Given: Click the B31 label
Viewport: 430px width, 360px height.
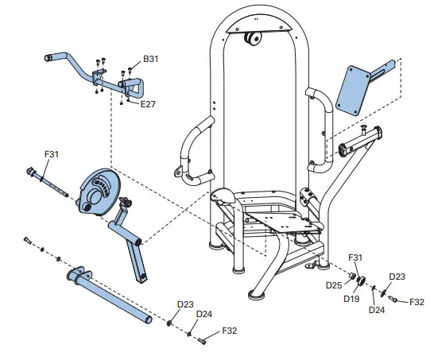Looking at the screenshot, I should pyautogui.click(x=151, y=59).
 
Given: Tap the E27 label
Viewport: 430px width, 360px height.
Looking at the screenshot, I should pyautogui.click(x=149, y=104).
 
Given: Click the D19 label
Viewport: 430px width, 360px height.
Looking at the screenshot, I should pyautogui.click(x=351, y=299).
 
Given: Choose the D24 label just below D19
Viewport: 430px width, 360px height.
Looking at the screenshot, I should pyautogui.click(x=377, y=309).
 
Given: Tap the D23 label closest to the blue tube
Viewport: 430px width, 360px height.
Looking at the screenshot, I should pyautogui.click(x=184, y=304).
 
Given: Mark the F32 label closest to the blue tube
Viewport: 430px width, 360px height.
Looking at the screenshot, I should pyautogui.click(x=230, y=330).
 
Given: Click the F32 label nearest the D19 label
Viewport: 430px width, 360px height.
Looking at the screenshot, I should pyautogui.click(x=417, y=302).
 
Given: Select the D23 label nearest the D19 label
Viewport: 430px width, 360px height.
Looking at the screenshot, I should pyautogui.click(x=397, y=276).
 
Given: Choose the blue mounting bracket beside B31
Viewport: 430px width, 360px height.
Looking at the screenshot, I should pyautogui.click(x=102, y=79).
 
